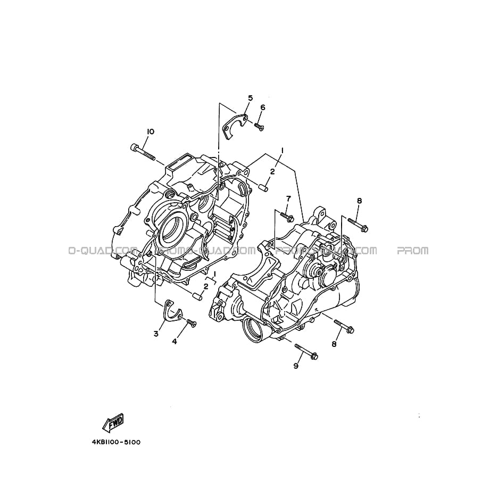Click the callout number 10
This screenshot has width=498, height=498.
click(x=150, y=131)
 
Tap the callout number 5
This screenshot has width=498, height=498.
click(x=250, y=98)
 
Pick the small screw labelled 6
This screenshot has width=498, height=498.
click(x=259, y=126)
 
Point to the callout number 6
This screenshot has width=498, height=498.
click(x=262, y=107)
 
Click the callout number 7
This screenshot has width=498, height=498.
click(x=288, y=198)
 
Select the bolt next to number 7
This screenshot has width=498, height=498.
click(x=287, y=217)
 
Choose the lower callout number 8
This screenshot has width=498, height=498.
click(x=334, y=344)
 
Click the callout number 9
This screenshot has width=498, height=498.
click(x=296, y=366)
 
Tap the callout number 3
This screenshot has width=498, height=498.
click(x=156, y=334)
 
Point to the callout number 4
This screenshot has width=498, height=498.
click(x=175, y=342)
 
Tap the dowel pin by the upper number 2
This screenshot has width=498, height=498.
click(x=264, y=187)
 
